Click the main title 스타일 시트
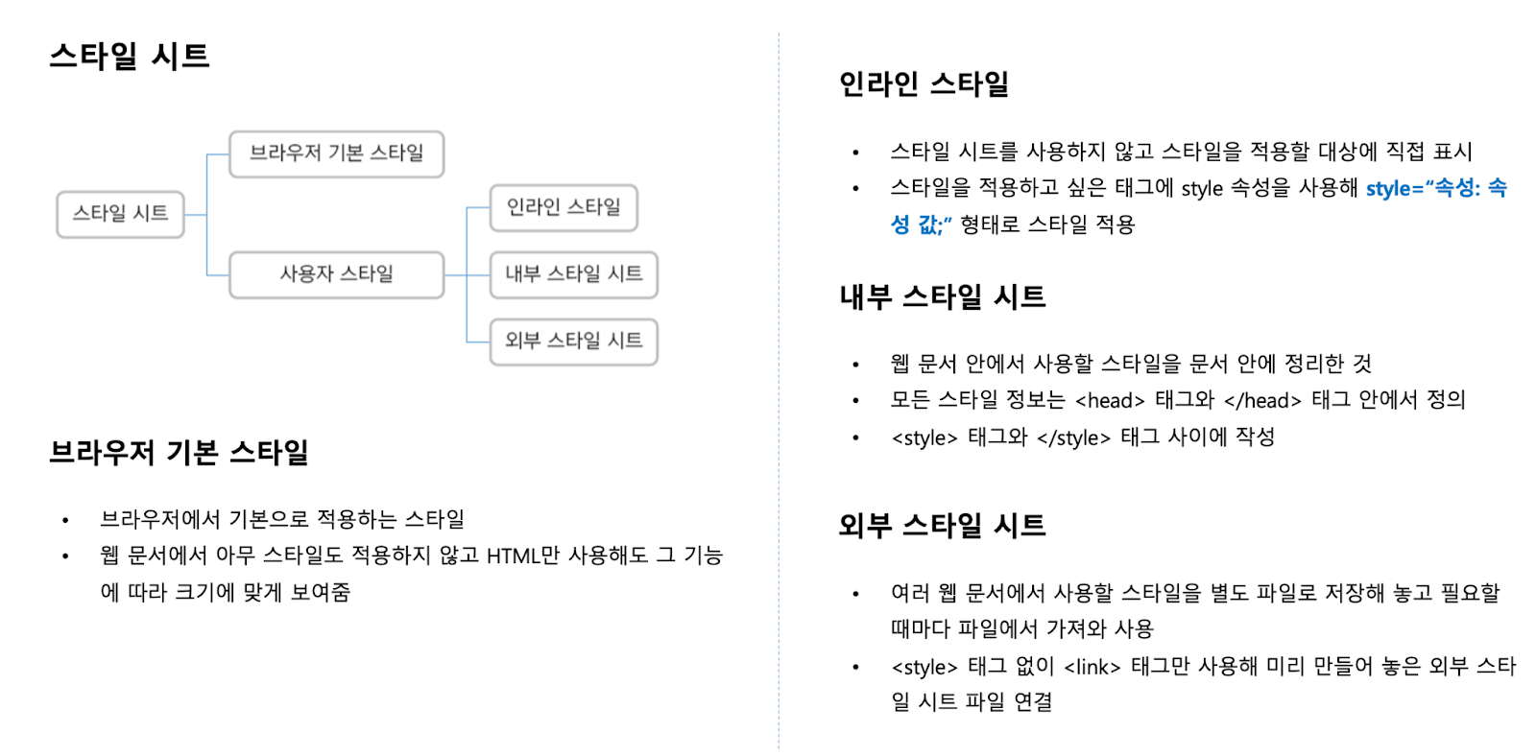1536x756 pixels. (130, 57)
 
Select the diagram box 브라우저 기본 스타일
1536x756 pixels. (336, 154)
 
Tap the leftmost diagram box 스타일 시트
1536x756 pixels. (120, 214)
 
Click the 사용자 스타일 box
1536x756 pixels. (336, 274)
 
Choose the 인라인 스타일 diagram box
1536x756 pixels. (564, 208)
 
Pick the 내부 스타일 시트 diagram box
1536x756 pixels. (573, 274)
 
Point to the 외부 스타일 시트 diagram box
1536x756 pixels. (573, 342)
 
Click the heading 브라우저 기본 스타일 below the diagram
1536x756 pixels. (179, 452)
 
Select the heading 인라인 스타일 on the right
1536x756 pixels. (924, 84)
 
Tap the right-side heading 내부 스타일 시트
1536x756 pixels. (942, 297)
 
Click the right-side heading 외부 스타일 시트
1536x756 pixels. (942, 526)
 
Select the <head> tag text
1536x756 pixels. (1110, 401)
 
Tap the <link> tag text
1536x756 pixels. (1092, 668)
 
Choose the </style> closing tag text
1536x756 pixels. (1073, 438)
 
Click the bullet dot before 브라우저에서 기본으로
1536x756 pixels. (65, 521)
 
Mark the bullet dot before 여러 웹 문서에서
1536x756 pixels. (855, 595)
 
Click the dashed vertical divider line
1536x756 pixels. (779, 384)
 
